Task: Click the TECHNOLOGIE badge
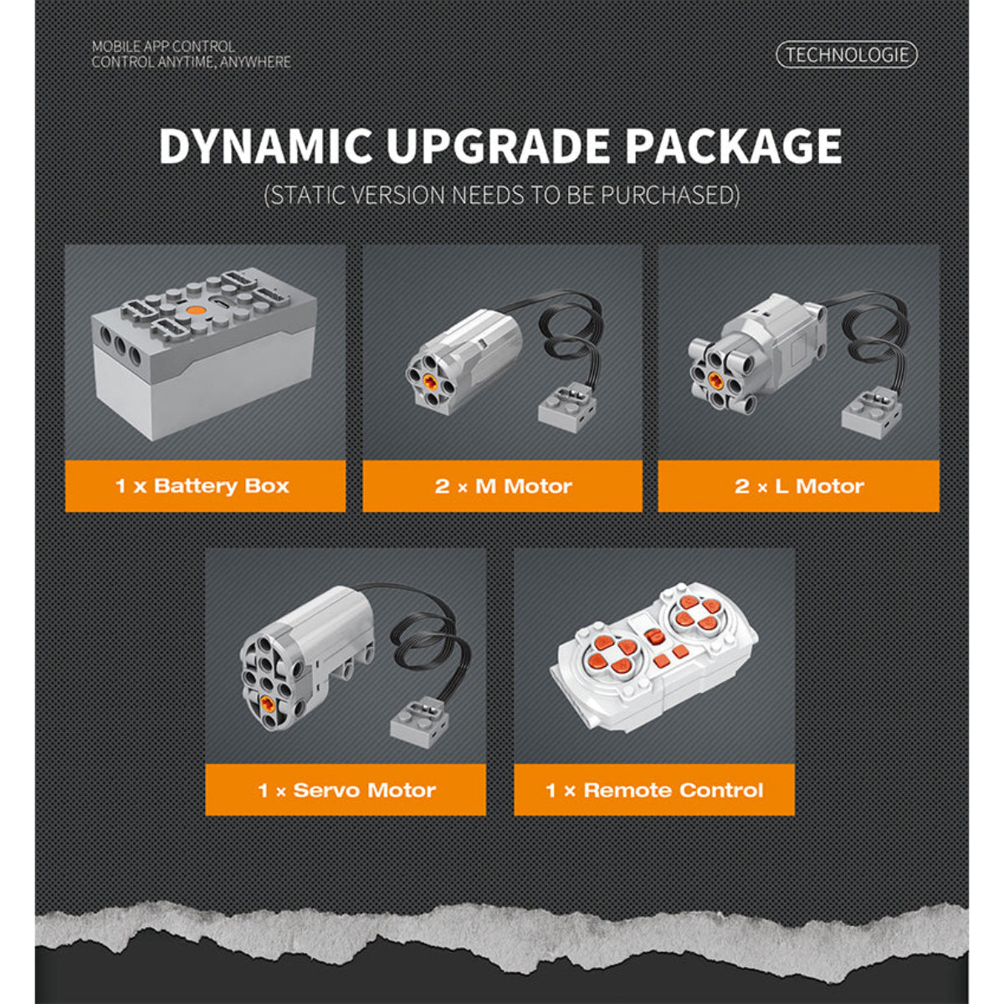846,54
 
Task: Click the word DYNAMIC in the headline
265,146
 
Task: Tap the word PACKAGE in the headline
733,146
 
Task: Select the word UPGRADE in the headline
498,146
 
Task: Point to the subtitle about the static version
502,196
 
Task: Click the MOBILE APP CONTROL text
163,46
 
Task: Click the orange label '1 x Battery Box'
205,486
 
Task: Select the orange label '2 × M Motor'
502,486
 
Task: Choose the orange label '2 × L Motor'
799,486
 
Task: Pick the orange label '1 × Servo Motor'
346,790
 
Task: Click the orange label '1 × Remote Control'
654,790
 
